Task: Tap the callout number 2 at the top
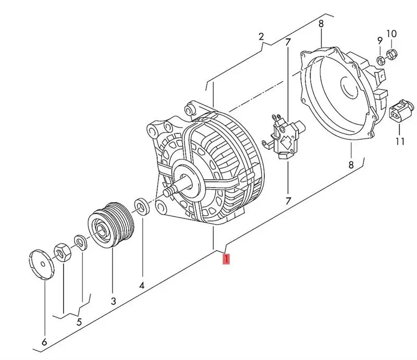[x=262, y=36]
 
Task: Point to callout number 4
[x=141, y=285]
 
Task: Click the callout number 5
[x=79, y=321]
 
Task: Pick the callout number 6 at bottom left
[x=44, y=342]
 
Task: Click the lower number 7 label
[x=287, y=200]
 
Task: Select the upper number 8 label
[x=321, y=23]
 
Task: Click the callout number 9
[x=380, y=40]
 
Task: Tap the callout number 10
[x=391, y=34]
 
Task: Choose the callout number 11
[x=400, y=141]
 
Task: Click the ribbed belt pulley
[x=111, y=225]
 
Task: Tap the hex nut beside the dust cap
[x=62, y=251]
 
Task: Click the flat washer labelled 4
[x=141, y=206]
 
